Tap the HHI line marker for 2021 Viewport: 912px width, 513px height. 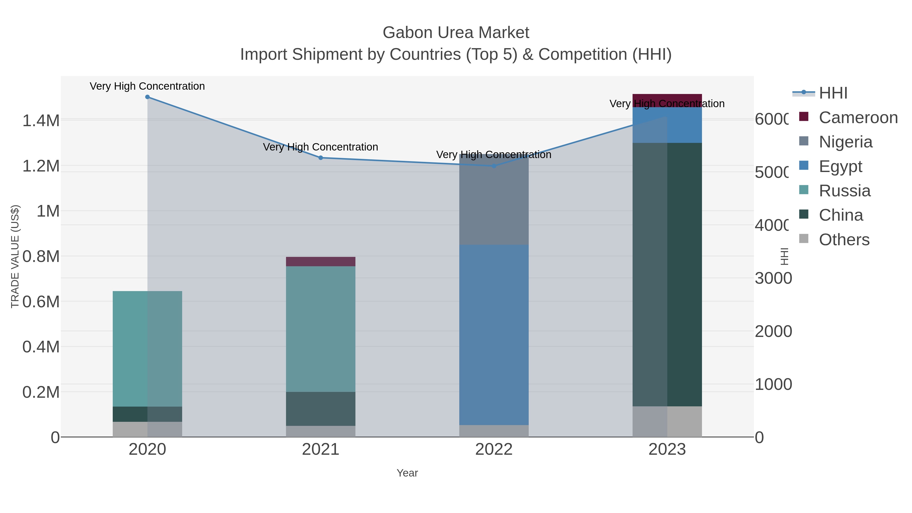(x=321, y=158)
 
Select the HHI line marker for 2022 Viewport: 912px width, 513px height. (x=494, y=166)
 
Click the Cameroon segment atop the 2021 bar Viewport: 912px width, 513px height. (x=320, y=262)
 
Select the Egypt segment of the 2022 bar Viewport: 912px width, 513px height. (x=494, y=335)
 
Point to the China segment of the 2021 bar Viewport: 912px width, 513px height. (x=320, y=409)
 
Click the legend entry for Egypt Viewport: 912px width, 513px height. (x=840, y=166)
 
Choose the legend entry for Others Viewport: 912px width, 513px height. (x=844, y=240)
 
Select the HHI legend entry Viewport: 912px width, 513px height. (x=833, y=93)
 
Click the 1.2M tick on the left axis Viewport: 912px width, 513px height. (x=41, y=166)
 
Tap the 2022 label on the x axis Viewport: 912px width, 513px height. (x=494, y=450)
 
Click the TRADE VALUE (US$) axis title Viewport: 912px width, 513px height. (x=15, y=256)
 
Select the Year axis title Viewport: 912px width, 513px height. (x=407, y=473)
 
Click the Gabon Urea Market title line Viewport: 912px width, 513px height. (x=456, y=33)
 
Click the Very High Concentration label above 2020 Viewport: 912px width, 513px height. (x=147, y=86)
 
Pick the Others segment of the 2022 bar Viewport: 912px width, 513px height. (x=494, y=431)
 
